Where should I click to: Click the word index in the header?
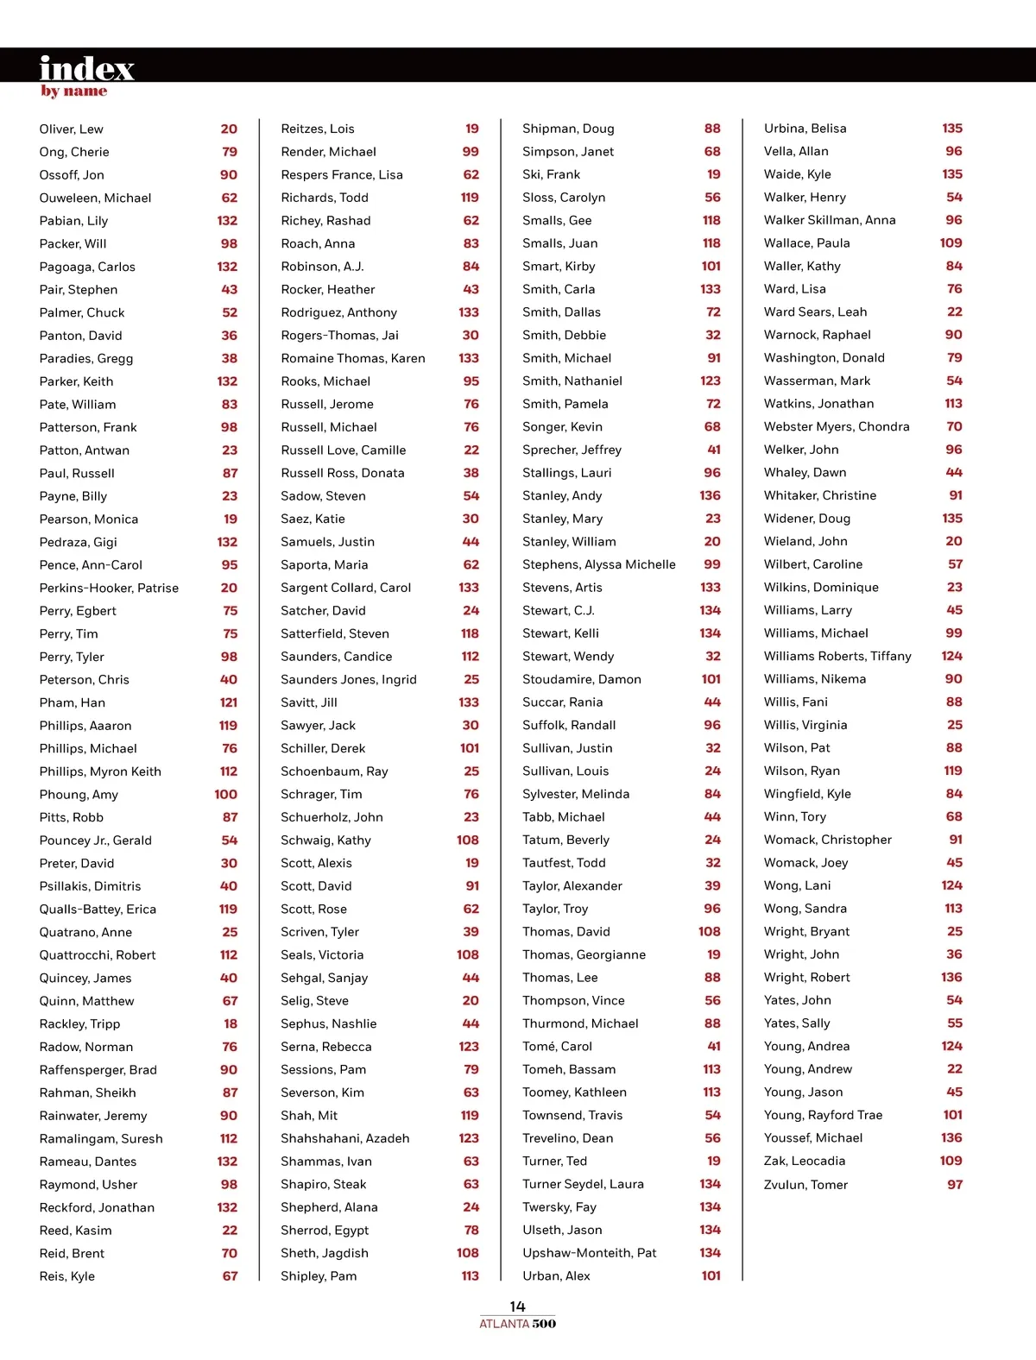click(x=86, y=67)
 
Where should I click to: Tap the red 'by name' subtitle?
click(x=74, y=91)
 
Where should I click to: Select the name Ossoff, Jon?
click(x=72, y=174)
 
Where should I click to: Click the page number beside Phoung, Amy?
click(x=226, y=794)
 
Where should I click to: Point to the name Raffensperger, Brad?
click(x=98, y=1069)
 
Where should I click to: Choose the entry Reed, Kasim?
click(x=76, y=1230)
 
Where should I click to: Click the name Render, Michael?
click(x=329, y=151)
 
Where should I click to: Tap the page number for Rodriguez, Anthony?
click(x=469, y=312)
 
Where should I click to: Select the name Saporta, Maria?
click(x=325, y=564)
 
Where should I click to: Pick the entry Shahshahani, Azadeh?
click(x=345, y=1138)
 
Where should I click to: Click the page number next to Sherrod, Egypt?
click(x=471, y=1230)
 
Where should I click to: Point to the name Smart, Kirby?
click(x=559, y=266)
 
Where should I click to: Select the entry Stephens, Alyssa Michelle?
click(x=599, y=564)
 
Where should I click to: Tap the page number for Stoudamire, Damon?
click(x=711, y=679)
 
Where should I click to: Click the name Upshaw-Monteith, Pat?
click(x=590, y=1252)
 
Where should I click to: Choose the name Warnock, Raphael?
click(x=818, y=335)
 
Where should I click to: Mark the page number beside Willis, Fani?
click(x=954, y=702)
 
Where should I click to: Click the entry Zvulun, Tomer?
click(x=806, y=1185)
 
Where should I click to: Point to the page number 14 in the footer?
click(x=517, y=1306)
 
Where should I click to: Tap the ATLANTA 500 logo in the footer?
click(x=518, y=1324)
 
